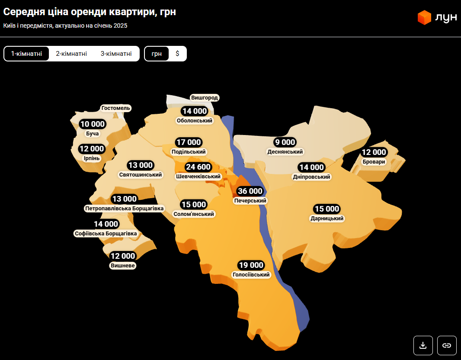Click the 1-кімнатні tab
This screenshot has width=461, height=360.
pos(26,54)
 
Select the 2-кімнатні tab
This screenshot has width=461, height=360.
pos(71,54)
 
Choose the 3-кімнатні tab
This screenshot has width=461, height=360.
pos(116,54)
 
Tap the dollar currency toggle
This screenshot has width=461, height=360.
pos(177,54)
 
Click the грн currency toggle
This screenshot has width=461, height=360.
pos(157,54)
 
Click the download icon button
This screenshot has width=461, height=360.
pos(423,345)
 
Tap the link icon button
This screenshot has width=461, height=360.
pos(447,345)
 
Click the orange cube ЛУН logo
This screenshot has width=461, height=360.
pos(424,17)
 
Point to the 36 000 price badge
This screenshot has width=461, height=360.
pos(250,191)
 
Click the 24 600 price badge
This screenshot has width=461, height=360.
pos(198,167)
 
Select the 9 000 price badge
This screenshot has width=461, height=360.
pos(285,142)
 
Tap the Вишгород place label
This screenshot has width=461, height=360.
pos(205,98)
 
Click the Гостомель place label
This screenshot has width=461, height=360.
pos(115,108)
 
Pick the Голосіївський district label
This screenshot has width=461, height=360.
pos(251,275)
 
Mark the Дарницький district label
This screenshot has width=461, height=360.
pos(327,219)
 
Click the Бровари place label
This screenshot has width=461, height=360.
pos(374,162)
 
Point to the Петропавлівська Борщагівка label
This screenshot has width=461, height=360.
pos(125,209)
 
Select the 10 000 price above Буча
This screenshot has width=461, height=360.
pos(93,124)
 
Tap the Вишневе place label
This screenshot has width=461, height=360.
pos(123,266)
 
